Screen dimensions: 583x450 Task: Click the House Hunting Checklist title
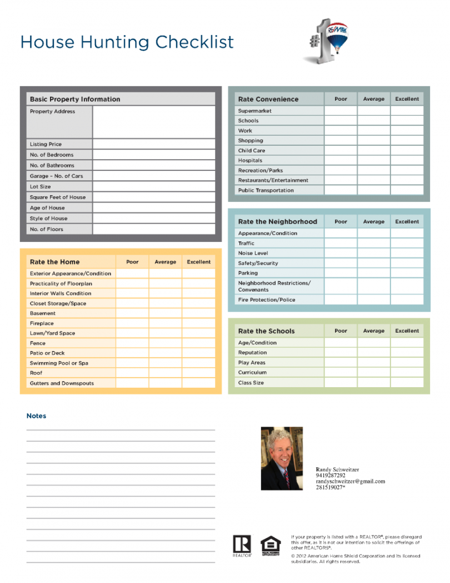point(127,42)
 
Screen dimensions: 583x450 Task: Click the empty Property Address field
point(153,122)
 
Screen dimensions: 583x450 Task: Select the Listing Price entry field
point(153,144)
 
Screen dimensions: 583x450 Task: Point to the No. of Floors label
point(47,229)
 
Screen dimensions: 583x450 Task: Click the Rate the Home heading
point(55,262)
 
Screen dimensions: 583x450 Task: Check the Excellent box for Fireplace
point(198,323)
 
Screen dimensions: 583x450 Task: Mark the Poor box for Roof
point(132,373)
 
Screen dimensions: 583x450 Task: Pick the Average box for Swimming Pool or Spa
point(165,363)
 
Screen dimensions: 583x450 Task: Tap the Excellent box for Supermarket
point(407,111)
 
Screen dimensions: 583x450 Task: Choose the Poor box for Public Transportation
point(341,190)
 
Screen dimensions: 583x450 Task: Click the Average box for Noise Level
point(373,253)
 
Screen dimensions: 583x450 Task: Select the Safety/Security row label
point(258,263)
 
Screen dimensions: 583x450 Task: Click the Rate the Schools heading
point(267,331)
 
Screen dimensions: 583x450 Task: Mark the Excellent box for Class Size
point(407,383)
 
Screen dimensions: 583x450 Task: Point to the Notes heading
point(37,416)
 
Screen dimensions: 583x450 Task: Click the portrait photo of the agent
point(282,458)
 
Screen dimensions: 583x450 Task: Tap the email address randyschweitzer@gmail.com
point(350,482)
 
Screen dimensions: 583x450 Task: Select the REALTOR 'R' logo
point(242,545)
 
